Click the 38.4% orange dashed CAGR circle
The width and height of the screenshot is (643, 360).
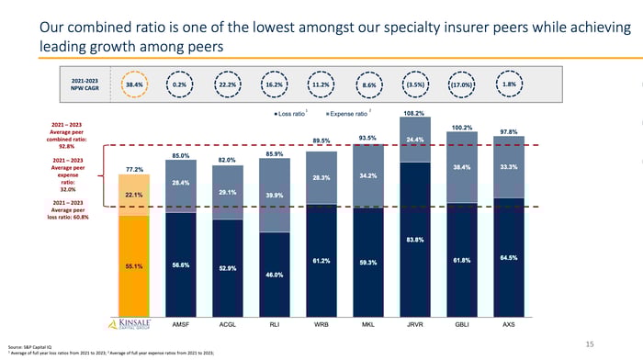tap(134, 84)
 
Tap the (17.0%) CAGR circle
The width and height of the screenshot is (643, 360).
tap(463, 84)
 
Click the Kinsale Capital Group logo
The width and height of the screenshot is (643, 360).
tap(132, 323)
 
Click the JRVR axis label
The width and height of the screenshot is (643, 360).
tap(415, 324)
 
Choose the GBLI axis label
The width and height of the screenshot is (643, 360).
tap(462, 324)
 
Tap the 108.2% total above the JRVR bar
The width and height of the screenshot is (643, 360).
tap(415, 112)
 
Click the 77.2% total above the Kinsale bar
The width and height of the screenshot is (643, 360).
tap(132, 170)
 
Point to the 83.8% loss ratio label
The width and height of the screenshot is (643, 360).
tap(415, 240)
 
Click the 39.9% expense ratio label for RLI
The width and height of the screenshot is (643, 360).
tap(274, 195)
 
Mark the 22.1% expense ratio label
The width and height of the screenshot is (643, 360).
tap(132, 195)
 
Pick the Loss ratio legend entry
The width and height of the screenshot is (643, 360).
tap(293, 113)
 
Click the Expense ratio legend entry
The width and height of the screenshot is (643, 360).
tap(347, 113)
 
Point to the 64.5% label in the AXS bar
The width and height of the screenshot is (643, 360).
tap(509, 257)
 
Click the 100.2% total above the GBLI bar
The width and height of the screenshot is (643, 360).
tap(462, 127)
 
